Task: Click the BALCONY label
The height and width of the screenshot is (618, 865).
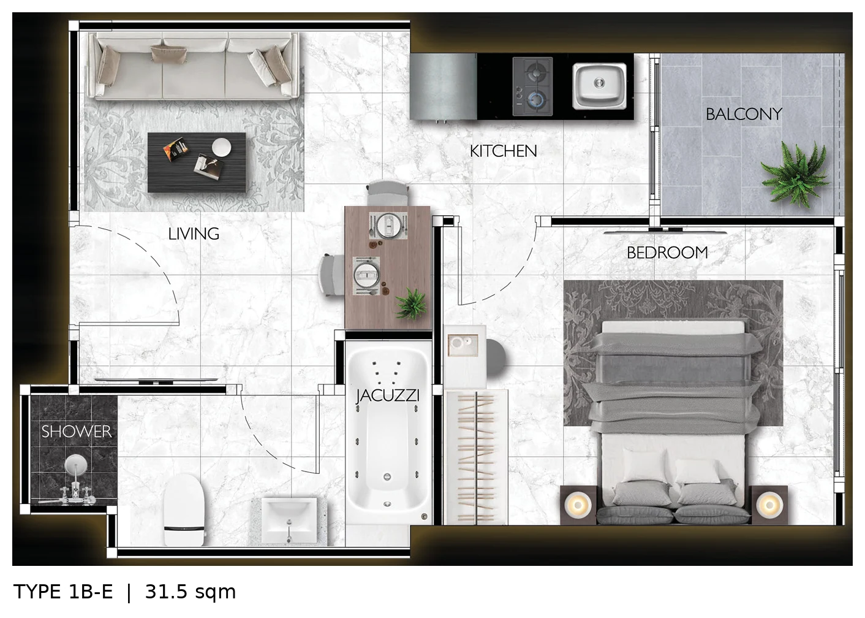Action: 744,114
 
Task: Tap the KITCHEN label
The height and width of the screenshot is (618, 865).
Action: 503,151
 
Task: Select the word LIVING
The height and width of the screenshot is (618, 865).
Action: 194,234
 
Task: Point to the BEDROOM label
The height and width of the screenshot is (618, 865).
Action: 667,253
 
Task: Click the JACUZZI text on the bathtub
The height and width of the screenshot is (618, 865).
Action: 387,395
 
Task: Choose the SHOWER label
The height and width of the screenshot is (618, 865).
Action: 77,432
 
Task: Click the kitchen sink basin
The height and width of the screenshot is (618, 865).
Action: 599,86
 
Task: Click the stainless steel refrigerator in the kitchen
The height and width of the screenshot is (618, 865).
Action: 444,86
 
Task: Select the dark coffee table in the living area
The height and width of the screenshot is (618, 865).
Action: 197,162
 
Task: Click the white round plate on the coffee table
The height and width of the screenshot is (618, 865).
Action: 222,147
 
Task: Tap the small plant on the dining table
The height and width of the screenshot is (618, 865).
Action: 412,303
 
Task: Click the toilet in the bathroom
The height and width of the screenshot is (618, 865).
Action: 184,509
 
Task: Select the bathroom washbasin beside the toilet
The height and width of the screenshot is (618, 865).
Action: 289,521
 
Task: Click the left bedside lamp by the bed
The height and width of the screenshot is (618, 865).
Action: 578,505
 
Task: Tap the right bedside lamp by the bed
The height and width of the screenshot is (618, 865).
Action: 769,505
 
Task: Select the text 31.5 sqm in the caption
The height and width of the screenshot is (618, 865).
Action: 191,592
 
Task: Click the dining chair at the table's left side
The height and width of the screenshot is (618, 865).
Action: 331,275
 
